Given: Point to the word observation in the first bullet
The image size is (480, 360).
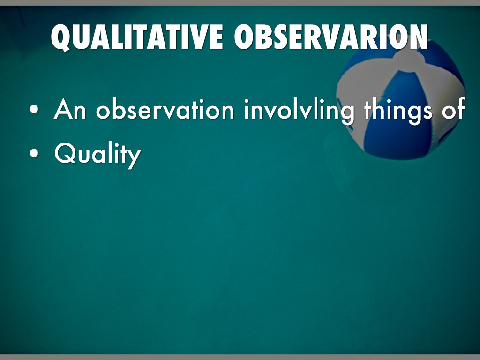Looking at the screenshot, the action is tap(165, 108).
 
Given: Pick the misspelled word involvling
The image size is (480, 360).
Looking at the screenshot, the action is tap(299, 111).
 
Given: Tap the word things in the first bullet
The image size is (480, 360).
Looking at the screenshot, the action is tap(398, 111).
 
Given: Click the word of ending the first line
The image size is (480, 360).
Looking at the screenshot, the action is tap(453, 108).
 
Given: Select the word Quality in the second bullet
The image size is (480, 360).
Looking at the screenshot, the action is tap(97, 155).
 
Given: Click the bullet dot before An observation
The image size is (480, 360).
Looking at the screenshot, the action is tap(34, 109).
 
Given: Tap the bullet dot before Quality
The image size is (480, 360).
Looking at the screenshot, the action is tap(34, 153).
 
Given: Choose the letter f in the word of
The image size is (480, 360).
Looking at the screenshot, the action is tap(461, 108).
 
